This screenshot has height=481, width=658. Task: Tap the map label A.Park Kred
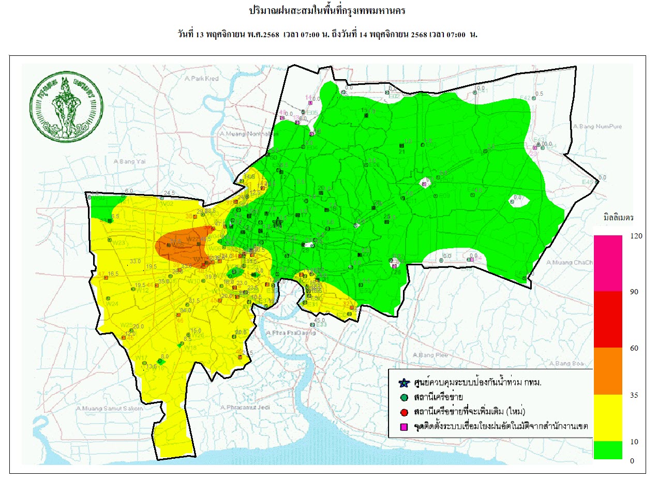(201, 79)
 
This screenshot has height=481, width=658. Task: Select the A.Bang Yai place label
(128, 161)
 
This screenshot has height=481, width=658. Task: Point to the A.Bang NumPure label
(597, 126)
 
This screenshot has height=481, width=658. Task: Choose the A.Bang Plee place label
(430, 355)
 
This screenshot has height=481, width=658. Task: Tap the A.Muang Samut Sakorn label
(109, 409)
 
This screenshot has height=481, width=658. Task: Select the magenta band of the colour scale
(607, 263)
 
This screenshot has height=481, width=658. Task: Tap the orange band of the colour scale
(607, 371)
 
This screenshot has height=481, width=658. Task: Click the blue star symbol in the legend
(404, 383)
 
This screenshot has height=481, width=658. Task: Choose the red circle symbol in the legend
(404, 412)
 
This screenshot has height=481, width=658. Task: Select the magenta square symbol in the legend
(404, 427)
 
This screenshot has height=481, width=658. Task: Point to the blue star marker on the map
(278, 222)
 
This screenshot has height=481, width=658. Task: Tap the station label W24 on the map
(111, 304)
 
